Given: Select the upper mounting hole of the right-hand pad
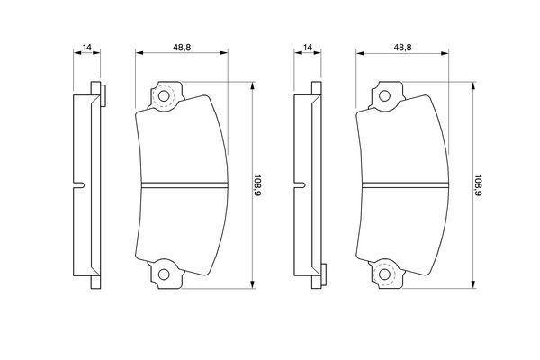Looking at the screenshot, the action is click(x=384, y=96).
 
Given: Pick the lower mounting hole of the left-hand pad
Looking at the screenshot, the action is click(x=164, y=274).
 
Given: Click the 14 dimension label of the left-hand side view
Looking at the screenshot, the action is click(x=87, y=47).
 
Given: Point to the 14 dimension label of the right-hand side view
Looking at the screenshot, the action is click(x=308, y=47).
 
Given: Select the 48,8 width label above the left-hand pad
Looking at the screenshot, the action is click(x=182, y=47).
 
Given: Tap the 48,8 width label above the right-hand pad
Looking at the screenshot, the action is click(x=402, y=47).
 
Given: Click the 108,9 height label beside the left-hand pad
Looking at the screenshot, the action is click(x=258, y=184).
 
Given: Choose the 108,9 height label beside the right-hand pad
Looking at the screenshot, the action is click(x=479, y=184).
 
